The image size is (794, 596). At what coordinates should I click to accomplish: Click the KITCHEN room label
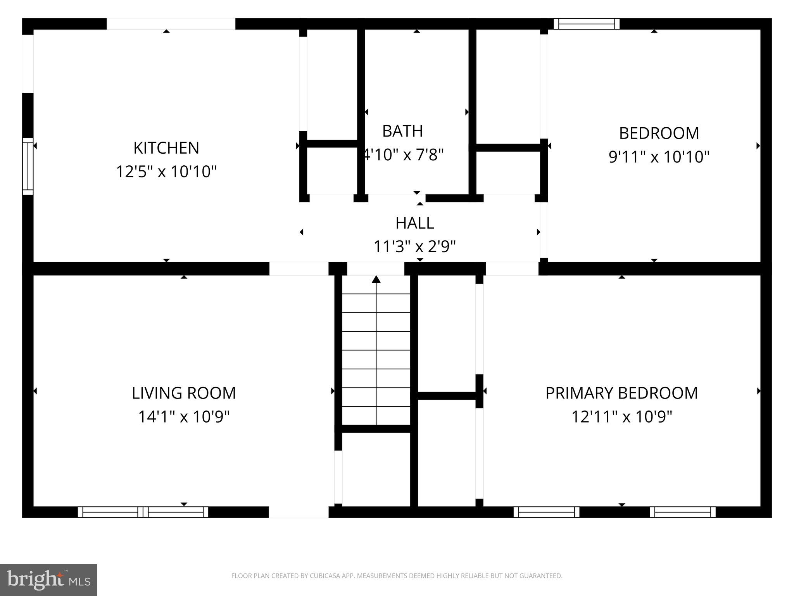(166, 148)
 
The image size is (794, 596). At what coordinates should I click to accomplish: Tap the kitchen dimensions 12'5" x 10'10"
(166, 171)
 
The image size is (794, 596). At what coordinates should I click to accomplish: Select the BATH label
(402, 131)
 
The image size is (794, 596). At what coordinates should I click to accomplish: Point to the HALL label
(414, 223)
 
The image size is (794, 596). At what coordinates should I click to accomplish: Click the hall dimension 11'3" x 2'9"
(414, 246)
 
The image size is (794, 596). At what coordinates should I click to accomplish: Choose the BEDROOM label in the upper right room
(659, 133)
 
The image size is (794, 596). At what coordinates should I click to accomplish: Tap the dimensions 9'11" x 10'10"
(659, 157)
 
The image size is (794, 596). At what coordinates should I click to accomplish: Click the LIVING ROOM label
(184, 393)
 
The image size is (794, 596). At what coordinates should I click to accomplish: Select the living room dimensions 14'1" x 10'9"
(184, 417)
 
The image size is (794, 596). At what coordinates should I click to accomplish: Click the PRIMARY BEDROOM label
(621, 393)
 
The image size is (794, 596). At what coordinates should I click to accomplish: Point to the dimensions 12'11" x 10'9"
(621, 417)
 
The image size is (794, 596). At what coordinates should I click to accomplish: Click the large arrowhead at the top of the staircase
(376, 279)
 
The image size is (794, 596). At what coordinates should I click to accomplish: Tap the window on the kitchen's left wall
(28, 166)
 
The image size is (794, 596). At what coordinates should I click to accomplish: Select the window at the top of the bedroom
(586, 24)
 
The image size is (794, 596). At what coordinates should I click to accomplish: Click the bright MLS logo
(48, 580)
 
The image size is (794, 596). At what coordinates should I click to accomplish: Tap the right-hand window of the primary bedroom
(683, 512)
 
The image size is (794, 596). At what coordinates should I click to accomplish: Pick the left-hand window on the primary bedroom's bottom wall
(546, 512)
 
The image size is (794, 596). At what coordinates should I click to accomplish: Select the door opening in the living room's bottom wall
(299, 512)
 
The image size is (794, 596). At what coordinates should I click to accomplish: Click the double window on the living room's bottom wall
(143, 512)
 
